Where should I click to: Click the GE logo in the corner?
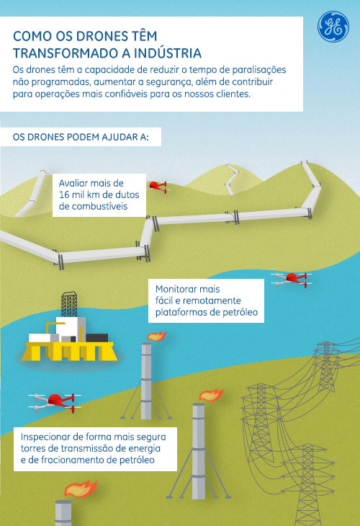(x=333, y=27)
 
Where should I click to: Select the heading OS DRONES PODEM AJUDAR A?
(x=81, y=137)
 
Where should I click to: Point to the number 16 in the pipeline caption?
(x=64, y=195)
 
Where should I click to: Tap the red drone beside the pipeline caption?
(x=158, y=187)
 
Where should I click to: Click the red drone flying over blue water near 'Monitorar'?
(x=292, y=280)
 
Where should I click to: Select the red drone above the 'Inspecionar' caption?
(x=55, y=402)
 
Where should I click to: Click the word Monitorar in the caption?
(x=188, y=289)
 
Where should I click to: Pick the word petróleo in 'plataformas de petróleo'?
(x=240, y=312)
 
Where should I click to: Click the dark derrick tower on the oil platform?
(x=69, y=304)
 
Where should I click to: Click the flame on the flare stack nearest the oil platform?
(x=157, y=336)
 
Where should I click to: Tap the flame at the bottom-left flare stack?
(x=81, y=489)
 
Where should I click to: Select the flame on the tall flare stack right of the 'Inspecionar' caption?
(x=211, y=395)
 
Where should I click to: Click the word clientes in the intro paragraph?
(x=233, y=94)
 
